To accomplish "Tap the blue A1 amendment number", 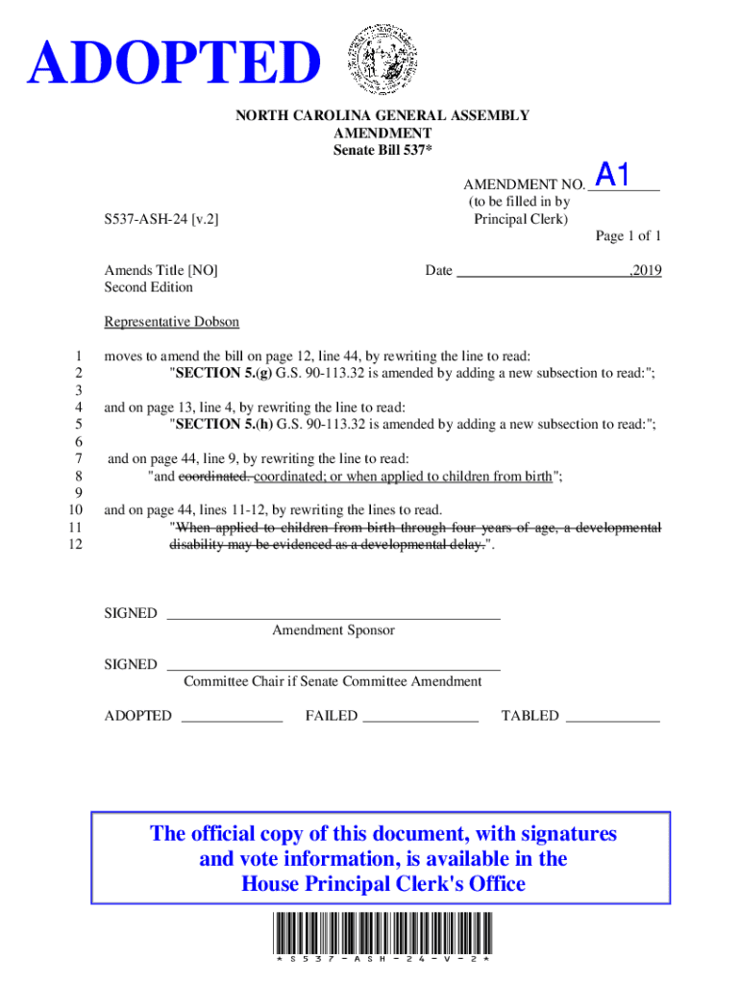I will [x=612, y=175].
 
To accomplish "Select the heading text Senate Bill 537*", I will [x=382, y=150].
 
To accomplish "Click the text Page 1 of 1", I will [x=628, y=236].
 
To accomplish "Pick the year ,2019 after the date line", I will [x=644, y=271].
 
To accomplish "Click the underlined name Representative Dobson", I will [x=171, y=322].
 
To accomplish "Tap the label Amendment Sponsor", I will [x=333, y=630].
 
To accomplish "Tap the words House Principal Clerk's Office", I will [x=382, y=884].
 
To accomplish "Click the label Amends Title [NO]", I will [x=160, y=271].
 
